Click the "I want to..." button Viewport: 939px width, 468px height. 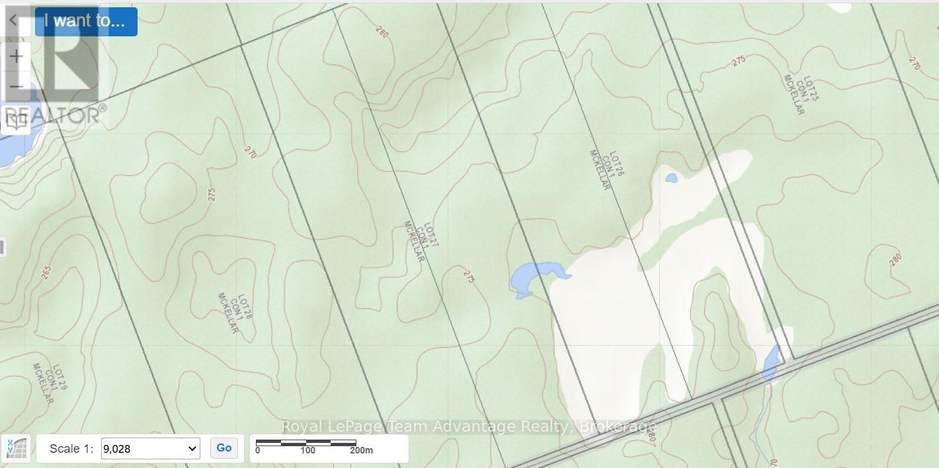click(x=85, y=21)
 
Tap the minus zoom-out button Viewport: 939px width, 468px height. click(x=16, y=87)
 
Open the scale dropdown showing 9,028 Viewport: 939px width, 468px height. click(x=150, y=448)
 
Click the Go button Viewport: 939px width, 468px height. click(x=224, y=448)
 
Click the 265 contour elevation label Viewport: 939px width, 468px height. click(x=46, y=272)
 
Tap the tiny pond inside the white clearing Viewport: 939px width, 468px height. click(x=671, y=178)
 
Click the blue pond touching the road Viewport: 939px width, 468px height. click(x=770, y=363)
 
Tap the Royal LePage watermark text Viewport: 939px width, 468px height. click(x=469, y=426)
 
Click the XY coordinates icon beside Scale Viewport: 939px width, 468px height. click(x=16, y=448)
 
